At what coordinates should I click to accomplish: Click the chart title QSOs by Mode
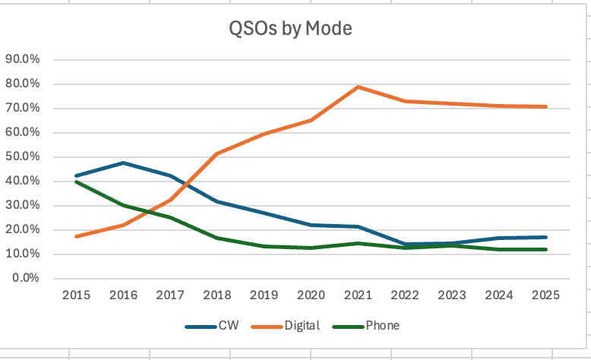click(x=291, y=29)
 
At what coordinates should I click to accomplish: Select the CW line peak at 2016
click(x=122, y=163)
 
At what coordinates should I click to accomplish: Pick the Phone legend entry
click(x=372, y=326)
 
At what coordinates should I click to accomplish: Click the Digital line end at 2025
click(x=546, y=107)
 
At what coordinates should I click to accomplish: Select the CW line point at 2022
click(x=405, y=244)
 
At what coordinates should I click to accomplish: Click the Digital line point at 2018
click(x=216, y=154)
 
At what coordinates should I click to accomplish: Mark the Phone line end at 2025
click(x=546, y=249)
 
